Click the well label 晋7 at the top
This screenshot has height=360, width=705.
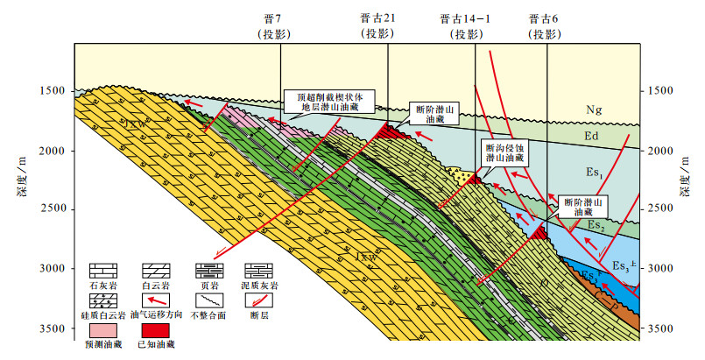click(x=280, y=18)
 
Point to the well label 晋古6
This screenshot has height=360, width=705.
click(x=547, y=18)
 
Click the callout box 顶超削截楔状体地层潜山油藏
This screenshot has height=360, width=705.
click(x=329, y=101)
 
